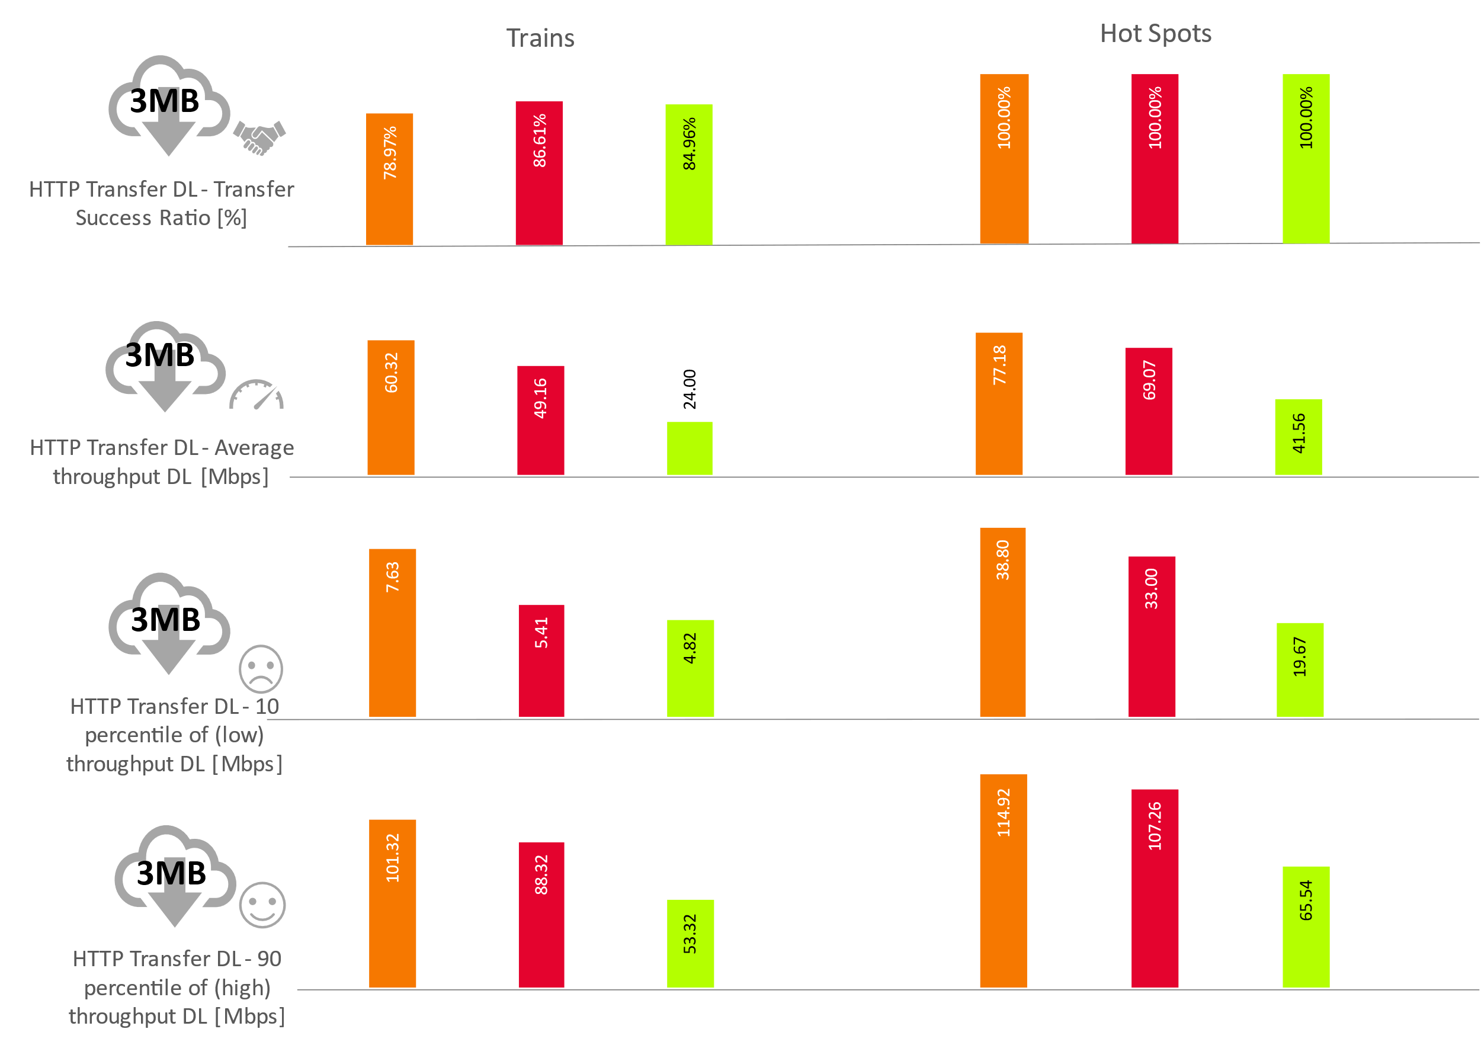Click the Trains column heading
[540, 38]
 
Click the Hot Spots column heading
[1155, 34]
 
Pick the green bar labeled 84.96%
[689, 175]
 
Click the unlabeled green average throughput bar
[690, 448]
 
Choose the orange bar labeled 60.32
[391, 408]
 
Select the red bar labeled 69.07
[1149, 412]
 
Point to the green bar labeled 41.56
[1298, 437]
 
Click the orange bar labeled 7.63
[392, 633]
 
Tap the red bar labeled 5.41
[541, 661]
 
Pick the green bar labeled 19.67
[1300, 669]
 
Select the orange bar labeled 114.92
[1003, 880]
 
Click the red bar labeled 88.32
[541, 914]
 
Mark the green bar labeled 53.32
[690, 943]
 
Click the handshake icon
[259, 137]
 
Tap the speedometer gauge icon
[257, 395]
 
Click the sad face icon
[261, 669]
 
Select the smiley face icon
[262, 905]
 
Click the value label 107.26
[1155, 826]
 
